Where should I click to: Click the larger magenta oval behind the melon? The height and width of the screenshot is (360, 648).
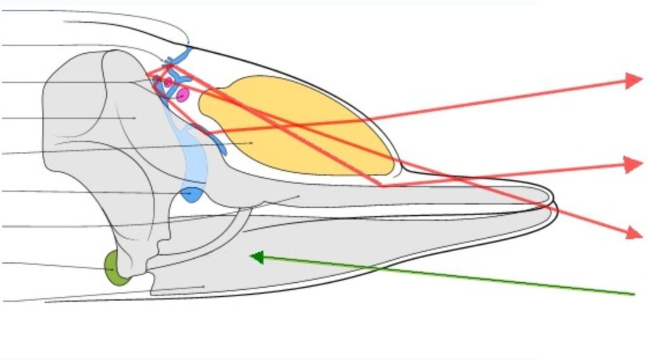183,95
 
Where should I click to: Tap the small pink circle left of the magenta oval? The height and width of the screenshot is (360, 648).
168,82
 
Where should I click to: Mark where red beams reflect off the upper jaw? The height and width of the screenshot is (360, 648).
382,186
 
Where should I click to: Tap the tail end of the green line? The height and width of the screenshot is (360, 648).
633,294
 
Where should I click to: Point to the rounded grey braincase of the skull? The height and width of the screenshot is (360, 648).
89,114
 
